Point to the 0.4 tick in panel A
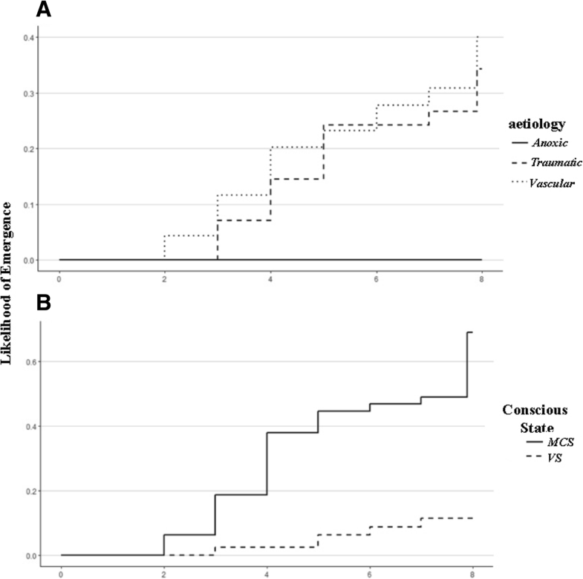coord(37,38)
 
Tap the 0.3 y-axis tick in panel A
coord(37,94)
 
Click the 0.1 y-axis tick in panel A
coord(37,205)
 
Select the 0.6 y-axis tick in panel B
coord(37,362)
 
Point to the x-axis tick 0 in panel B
coord(61,572)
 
